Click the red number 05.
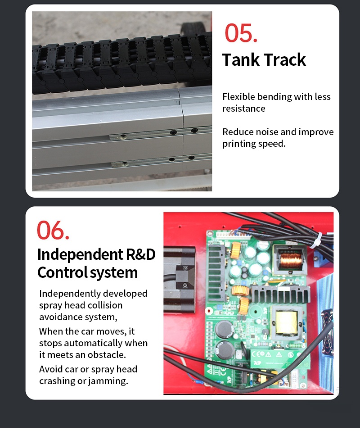pyautogui.click(x=241, y=33)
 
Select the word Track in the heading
pyautogui.click(x=285, y=59)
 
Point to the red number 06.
pyautogui.click(x=53, y=230)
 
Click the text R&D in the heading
pyautogui.click(x=141, y=254)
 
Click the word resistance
pyautogui.click(x=244, y=109)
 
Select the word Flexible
pyautogui.click(x=238, y=96)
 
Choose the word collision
pyautogui.click(x=105, y=305)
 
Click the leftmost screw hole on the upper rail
pyautogui.click(x=123, y=136)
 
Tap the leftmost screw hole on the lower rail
pyautogui.click(x=125, y=164)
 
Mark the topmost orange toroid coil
pyautogui.click(x=236, y=250)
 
